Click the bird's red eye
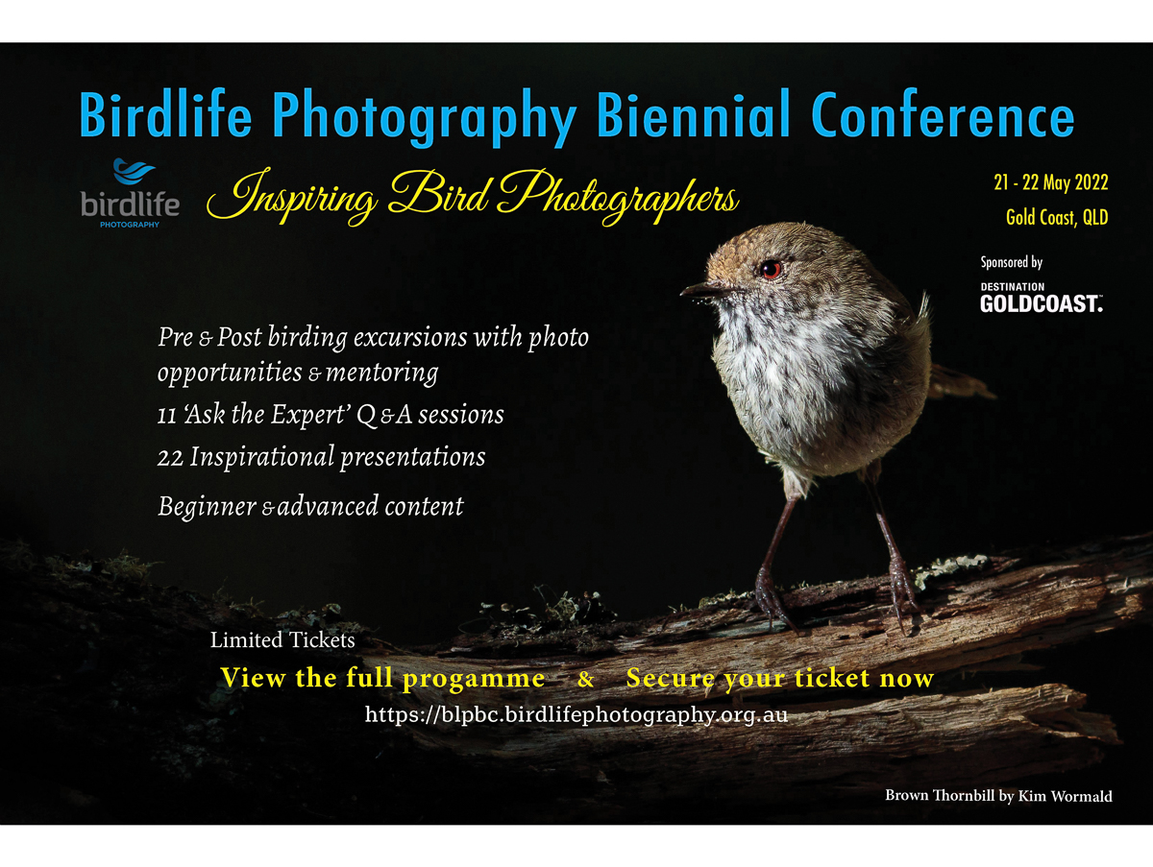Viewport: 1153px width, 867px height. click(x=771, y=269)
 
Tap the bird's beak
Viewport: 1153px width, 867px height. click(x=701, y=289)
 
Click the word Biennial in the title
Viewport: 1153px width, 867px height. click(x=693, y=115)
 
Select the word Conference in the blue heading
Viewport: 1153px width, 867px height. click(x=943, y=115)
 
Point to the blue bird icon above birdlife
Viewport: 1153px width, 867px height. click(x=134, y=172)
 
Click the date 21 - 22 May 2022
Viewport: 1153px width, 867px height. click(x=1051, y=182)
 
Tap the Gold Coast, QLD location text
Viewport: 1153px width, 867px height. click(x=1057, y=217)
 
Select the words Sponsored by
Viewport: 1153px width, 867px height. click(x=1011, y=262)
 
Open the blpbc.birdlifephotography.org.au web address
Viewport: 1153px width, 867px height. click(x=576, y=714)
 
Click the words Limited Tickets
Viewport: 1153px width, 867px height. click(x=282, y=639)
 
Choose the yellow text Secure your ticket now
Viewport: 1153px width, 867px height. click(x=780, y=678)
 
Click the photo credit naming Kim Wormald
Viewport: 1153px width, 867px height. click(x=998, y=796)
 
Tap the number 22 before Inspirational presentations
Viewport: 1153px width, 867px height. click(x=170, y=458)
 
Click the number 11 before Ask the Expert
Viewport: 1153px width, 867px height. click(x=167, y=416)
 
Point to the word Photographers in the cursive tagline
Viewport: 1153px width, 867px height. click(x=618, y=197)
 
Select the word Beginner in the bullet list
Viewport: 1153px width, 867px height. click(x=207, y=507)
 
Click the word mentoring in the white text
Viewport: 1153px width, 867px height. click(x=381, y=373)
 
